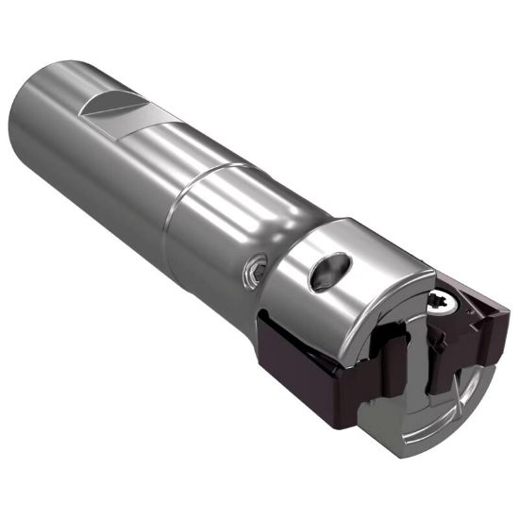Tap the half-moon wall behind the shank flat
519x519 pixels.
[106, 98]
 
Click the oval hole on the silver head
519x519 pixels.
[326, 271]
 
